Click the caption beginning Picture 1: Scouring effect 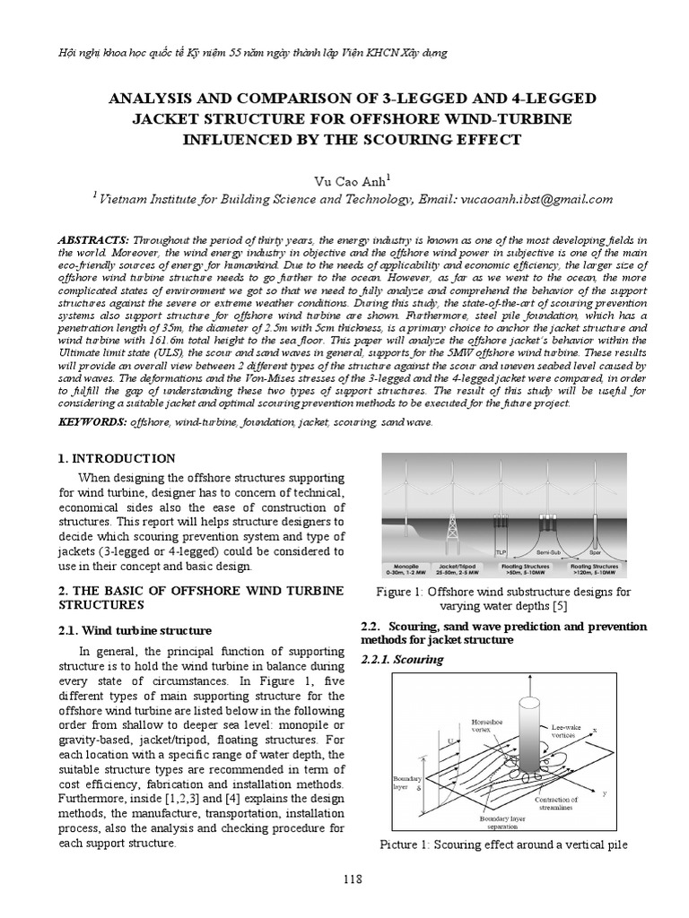tap(503, 845)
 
